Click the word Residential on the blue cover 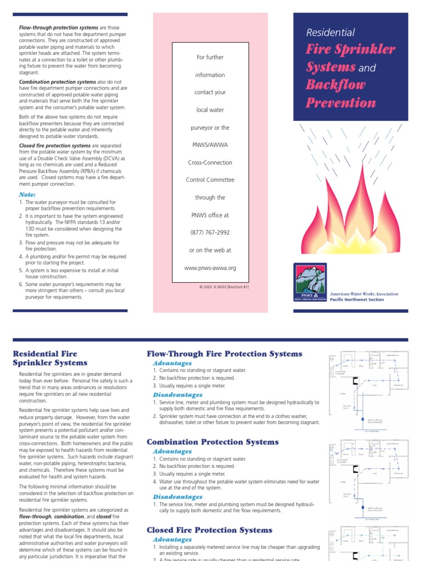click(330, 33)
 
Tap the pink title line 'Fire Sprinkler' click(350, 50)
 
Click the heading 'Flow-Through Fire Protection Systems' click(224, 353)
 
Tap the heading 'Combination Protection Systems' click(213, 442)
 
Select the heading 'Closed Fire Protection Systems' click(209, 530)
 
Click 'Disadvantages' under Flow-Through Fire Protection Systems click(177, 394)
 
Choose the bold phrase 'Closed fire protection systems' click(47, 146)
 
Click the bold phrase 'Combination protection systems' click(50, 82)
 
